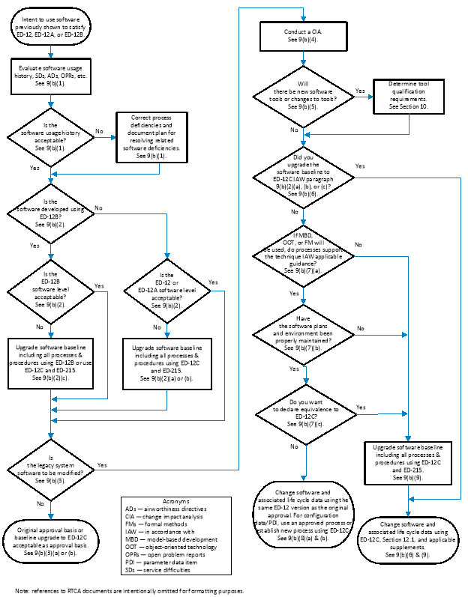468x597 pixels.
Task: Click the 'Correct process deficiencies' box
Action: (x=151, y=135)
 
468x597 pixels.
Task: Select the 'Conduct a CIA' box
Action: (x=303, y=35)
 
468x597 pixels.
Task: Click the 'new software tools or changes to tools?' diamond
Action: (x=303, y=95)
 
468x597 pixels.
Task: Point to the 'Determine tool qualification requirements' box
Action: (x=409, y=96)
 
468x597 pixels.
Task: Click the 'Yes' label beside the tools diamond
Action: (x=360, y=90)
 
